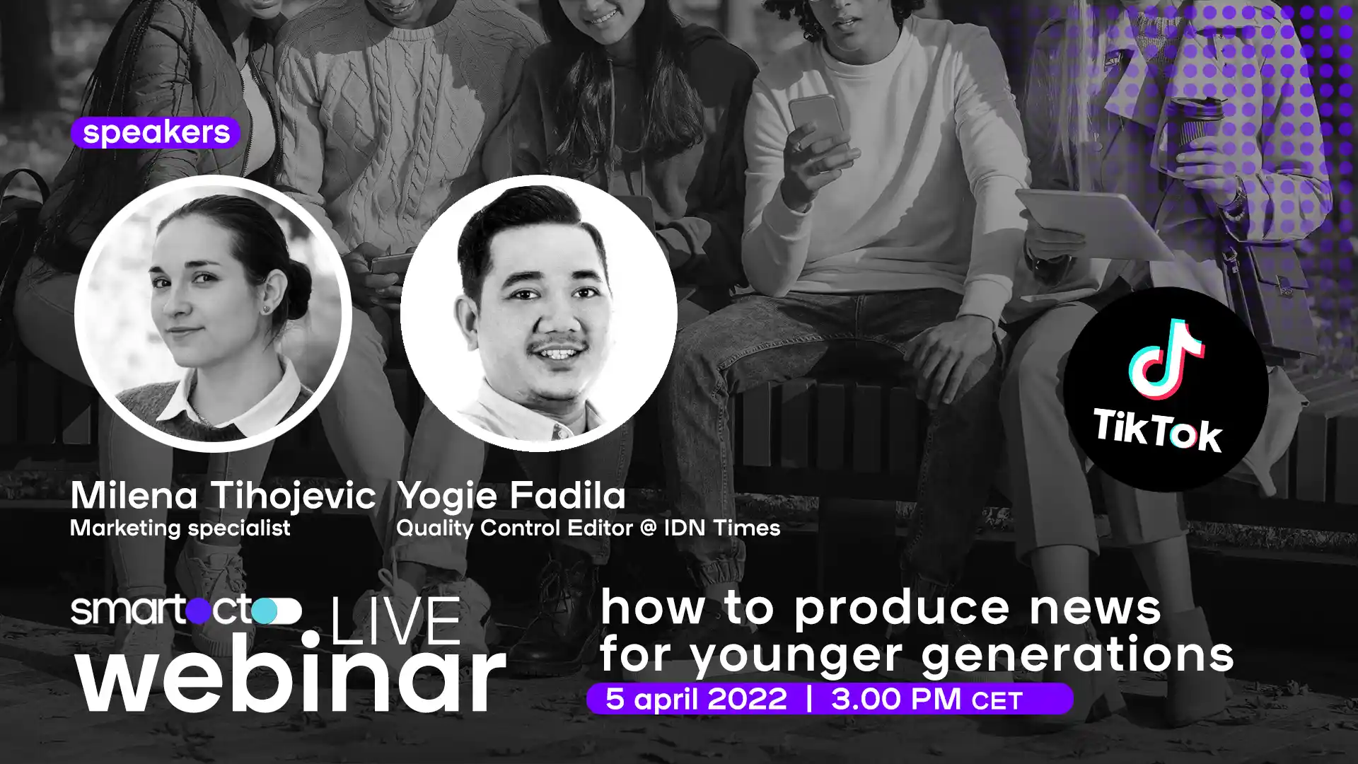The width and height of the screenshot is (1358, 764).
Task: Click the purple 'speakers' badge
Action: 156,132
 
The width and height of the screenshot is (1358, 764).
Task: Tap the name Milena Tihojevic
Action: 223,496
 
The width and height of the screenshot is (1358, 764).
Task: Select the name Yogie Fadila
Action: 511,496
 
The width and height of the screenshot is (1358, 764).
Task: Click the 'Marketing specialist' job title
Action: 180,528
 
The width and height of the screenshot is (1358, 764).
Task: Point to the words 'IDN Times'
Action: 721,528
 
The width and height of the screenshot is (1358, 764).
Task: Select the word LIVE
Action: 396,621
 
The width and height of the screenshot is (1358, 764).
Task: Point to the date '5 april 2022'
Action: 696,699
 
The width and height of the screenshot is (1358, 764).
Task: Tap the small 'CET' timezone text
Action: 997,701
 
